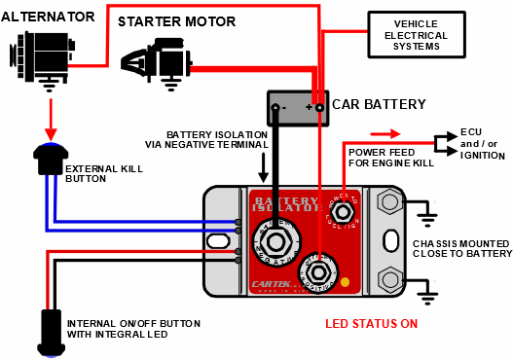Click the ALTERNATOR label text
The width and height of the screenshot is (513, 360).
point(49,17)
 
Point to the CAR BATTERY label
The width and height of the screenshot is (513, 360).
point(378,103)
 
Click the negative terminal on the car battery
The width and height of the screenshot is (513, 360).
point(276,106)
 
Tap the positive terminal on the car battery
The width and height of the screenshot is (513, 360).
point(317,106)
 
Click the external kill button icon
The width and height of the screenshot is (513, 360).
point(48,158)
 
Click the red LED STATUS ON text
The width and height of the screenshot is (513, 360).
point(369,324)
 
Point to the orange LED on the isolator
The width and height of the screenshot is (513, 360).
point(345,283)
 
